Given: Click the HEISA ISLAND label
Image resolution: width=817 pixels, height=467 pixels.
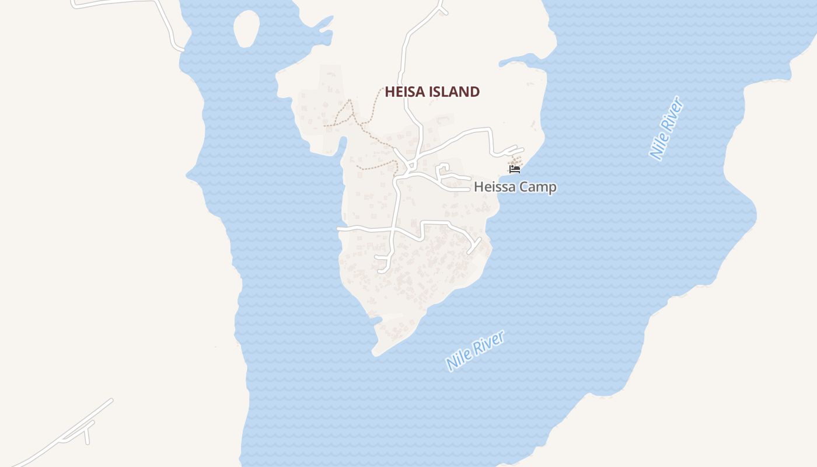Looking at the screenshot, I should [x=432, y=92].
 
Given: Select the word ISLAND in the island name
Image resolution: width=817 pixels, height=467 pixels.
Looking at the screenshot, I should [x=455, y=92].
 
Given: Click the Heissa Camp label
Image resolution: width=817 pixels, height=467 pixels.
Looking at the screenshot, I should [x=515, y=187].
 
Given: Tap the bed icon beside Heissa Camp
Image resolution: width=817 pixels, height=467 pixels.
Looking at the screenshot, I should [x=514, y=169].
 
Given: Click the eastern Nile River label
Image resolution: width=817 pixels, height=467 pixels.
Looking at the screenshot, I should [x=666, y=129].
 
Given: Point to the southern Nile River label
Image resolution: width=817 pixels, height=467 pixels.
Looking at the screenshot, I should [x=475, y=350].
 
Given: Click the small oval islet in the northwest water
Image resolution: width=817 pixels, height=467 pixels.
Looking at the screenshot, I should [x=246, y=28].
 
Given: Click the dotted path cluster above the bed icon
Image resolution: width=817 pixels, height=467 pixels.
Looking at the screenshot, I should [x=516, y=159].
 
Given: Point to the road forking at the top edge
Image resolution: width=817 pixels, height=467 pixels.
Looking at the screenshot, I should [x=439, y=7].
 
